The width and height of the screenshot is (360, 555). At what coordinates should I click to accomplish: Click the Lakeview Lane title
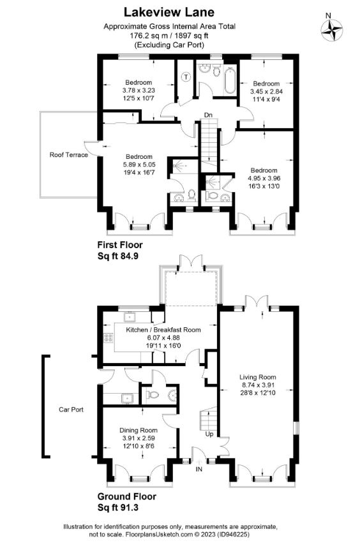tap(169, 12)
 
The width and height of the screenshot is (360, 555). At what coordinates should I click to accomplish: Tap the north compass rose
tap(332, 30)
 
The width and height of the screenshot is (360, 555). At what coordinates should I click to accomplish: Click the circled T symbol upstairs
tap(186, 77)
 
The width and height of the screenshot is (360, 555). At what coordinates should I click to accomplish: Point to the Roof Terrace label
tap(69, 154)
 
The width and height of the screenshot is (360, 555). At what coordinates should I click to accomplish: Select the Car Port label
tap(71, 410)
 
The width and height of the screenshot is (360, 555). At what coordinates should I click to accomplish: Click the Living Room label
tap(258, 377)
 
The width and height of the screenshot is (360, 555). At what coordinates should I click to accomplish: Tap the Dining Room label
tap(138, 431)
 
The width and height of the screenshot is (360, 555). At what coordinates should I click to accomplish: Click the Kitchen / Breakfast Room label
tap(163, 330)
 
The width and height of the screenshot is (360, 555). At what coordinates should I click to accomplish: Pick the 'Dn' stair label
tap(208, 115)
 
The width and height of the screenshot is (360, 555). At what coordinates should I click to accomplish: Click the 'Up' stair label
tap(209, 434)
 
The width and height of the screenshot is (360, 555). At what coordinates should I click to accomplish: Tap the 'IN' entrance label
tap(199, 469)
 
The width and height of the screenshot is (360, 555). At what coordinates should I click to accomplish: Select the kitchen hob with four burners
tap(109, 337)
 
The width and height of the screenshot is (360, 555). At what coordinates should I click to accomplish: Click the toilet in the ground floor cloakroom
tap(153, 394)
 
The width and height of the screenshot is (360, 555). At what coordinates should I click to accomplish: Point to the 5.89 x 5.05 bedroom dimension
tap(139, 165)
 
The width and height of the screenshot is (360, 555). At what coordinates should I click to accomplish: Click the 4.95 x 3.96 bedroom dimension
tap(264, 178)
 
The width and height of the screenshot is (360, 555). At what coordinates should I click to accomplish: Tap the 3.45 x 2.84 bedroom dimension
tap(266, 91)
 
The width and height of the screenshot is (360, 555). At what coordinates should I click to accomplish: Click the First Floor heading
tap(120, 244)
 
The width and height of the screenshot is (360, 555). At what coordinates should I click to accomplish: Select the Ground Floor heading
tap(127, 496)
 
